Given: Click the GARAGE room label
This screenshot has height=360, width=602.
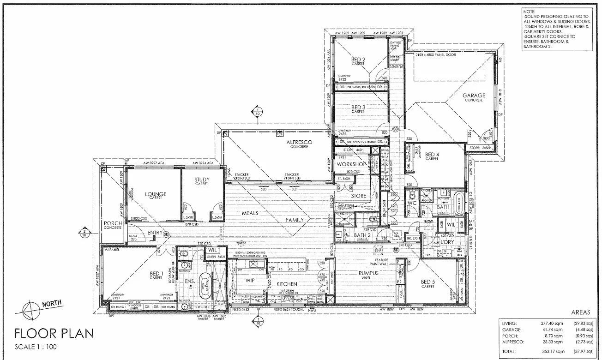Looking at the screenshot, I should click(x=475, y=96).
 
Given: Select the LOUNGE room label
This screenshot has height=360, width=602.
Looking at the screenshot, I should click(x=155, y=194).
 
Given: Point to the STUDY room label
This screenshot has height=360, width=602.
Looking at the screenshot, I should click(x=202, y=180).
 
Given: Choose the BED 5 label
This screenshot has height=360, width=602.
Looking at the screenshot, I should click(x=428, y=282).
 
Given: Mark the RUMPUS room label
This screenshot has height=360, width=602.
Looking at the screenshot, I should click(x=368, y=273).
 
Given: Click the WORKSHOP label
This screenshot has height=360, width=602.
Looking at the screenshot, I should click(x=351, y=164).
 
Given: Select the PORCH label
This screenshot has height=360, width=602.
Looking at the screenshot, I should click(x=113, y=223).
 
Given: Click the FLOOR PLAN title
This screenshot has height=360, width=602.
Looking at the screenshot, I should click(x=54, y=333).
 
